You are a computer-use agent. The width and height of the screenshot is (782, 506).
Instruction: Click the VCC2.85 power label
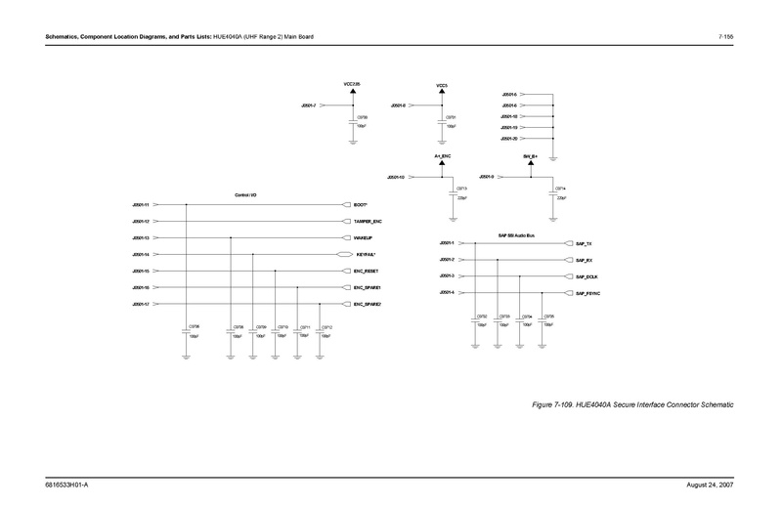coord(352,84)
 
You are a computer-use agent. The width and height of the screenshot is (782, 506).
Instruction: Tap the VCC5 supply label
coord(442,85)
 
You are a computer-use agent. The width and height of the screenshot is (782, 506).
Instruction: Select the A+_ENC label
coord(442,156)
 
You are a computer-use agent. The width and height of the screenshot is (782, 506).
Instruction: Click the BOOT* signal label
coord(360,205)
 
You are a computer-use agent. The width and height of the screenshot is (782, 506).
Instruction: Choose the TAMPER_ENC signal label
coord(368,222)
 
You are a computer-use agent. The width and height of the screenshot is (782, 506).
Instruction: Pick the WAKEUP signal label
coord(364,237)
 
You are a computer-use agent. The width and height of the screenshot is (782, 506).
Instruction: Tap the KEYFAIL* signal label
coord(365,254)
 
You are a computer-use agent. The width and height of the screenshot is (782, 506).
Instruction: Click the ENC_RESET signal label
coord(367,271)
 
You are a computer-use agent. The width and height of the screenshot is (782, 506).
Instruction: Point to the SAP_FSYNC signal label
coord(588,293)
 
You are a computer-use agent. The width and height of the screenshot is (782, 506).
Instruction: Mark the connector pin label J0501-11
coord(140,205)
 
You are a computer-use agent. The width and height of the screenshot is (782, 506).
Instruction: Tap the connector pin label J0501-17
coord(140,304)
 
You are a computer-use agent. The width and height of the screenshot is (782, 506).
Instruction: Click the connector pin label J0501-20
coord(509,139)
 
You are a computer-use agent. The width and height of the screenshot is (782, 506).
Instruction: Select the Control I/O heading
coord(245,195)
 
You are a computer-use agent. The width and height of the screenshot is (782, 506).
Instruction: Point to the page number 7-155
coord(725,37)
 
